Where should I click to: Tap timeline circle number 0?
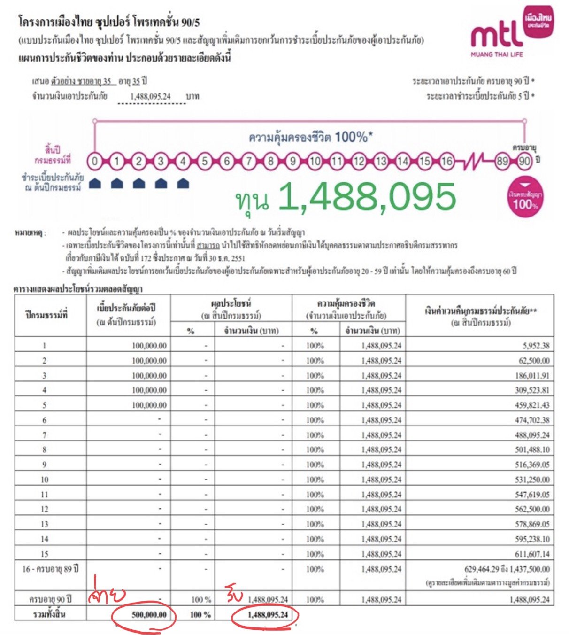point(95,162)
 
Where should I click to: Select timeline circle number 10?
point(315,162)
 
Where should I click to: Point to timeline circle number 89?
point(502,162)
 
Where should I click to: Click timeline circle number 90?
point(524,162)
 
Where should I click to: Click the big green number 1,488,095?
point(366,198)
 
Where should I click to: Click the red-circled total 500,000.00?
point(149,615)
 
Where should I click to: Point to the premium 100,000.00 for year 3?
point(149,376)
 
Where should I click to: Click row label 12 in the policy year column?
point(45,509)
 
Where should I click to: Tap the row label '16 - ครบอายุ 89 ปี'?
point(50,569)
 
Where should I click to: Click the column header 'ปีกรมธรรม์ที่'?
point(46,315)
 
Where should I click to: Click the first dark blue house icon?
point(95,183)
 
